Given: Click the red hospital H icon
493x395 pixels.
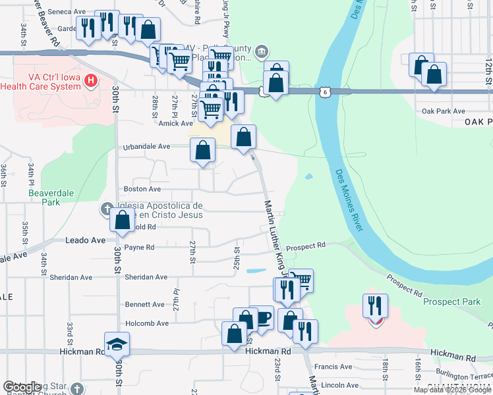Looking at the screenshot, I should coord(92,82).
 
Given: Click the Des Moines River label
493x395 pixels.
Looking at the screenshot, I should coord(349,200).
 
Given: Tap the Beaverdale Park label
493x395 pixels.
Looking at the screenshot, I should coord(43,197).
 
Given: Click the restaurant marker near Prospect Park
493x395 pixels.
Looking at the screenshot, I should coord(375,307).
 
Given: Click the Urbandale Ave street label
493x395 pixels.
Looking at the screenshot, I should coord(147,146).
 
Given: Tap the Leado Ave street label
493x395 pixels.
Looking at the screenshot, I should coord(85,240).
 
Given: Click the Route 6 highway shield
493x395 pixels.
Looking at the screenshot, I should coord(326,93).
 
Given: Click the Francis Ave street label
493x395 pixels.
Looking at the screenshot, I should coord(333,367).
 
